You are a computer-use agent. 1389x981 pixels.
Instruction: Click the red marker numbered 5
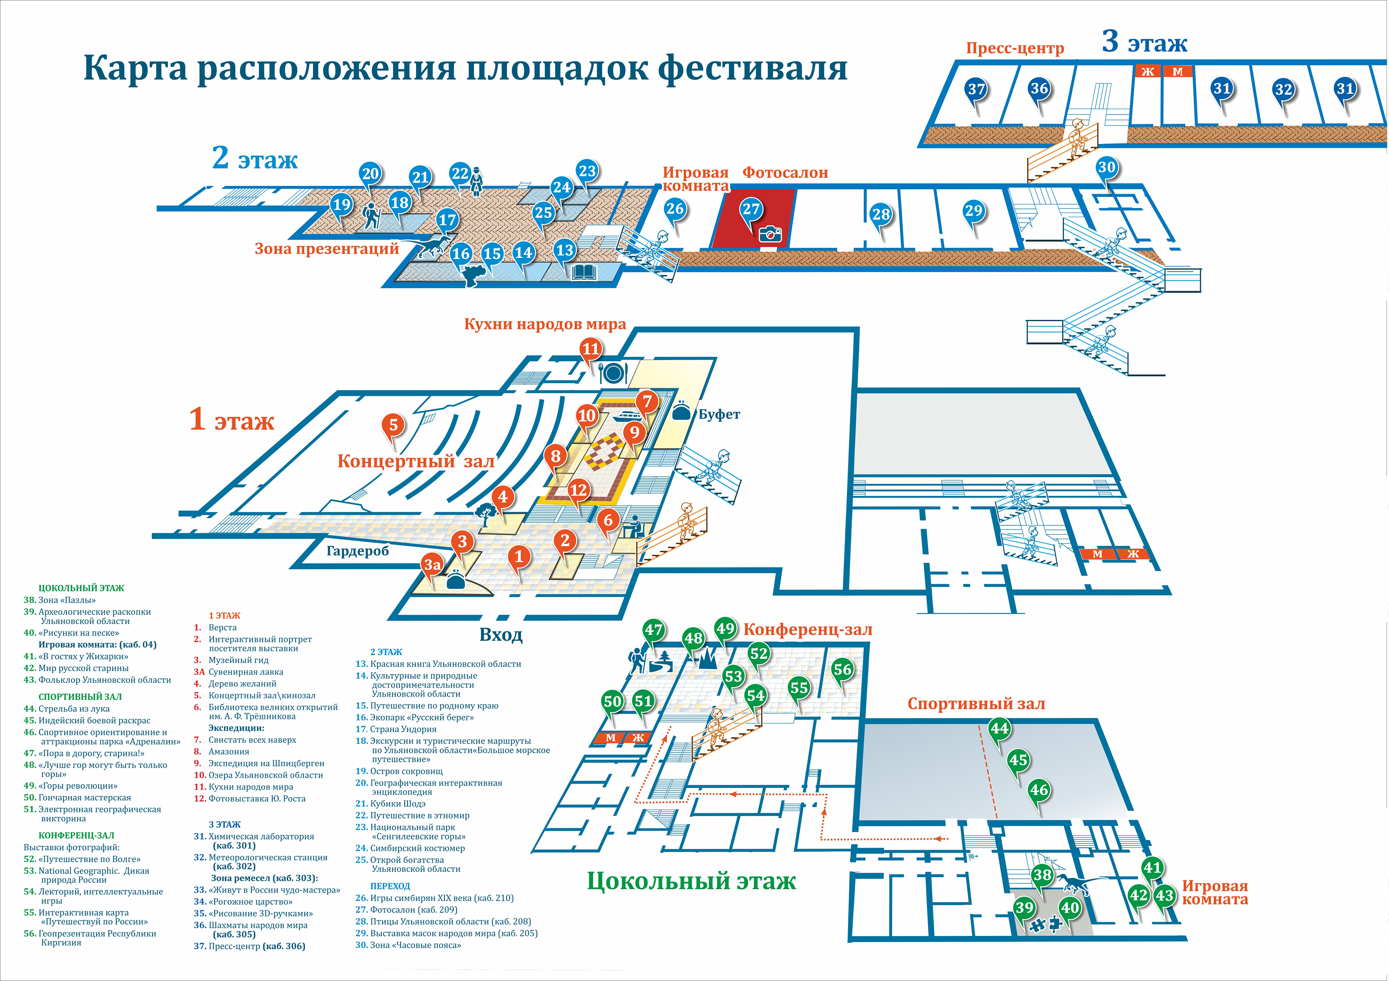coord(393,425)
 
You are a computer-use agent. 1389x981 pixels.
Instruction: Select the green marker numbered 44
coord(999,728)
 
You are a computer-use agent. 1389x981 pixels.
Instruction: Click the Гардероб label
coord(358,551)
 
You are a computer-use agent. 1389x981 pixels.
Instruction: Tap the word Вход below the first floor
coord(501,635)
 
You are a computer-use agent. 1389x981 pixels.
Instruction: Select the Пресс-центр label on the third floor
coord(1015,48)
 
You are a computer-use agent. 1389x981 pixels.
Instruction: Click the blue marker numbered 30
coord(1106,168)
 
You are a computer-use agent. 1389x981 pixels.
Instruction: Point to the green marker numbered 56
coord(842,669)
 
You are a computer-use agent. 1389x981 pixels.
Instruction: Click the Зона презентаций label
coord(326,249)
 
